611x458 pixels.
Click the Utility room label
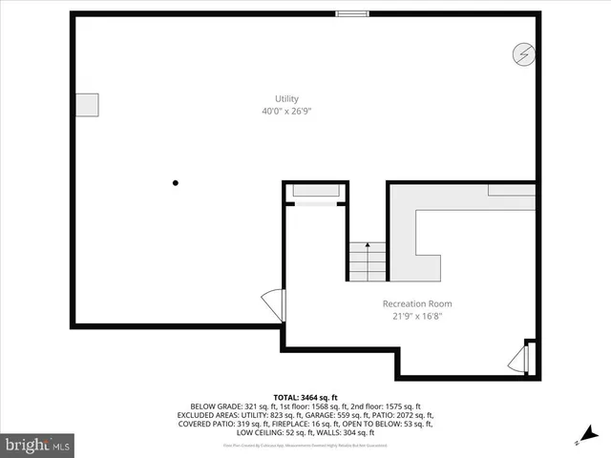pyautogui.click(x=286, y=98)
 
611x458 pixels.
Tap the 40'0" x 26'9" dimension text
pyautogui.click(x=286, y=111)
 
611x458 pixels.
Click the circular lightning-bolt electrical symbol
pyautogui.click(x=523, y=54)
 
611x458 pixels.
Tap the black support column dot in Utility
pyautogui.click(x=175, y=182)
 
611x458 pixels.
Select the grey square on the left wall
pyautogui.click(x=87, y=105)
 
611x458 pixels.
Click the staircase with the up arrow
pyautogui.click(x=367, y=260)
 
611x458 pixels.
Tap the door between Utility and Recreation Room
pyautogui.click(x=278, y=305)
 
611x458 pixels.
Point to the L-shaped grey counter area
pyautogui.click(x=430, y=229)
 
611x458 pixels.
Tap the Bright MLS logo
pyautogui.click(x=38, y=444)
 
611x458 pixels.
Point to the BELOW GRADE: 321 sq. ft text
pyautogui.click(x=231, y=406)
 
